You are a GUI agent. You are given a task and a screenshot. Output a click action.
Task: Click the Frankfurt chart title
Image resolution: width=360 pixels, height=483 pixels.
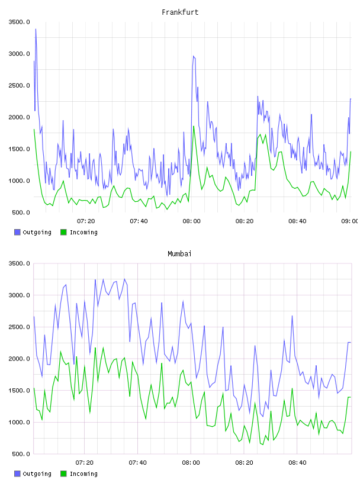point(180,12)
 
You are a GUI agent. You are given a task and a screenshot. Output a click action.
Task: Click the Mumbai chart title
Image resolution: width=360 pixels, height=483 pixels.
point(179,254)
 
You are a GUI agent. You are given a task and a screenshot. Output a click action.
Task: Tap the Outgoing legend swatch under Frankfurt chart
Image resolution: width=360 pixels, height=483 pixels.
point(17,232)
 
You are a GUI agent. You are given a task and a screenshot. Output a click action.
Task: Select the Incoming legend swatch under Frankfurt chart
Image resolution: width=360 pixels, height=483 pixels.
point(63,232)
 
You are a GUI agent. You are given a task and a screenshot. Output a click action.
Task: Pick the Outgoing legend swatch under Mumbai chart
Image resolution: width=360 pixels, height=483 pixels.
point(17,474)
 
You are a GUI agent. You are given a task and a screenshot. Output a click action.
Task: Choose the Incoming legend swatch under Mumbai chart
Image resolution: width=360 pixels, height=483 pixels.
point(63,474)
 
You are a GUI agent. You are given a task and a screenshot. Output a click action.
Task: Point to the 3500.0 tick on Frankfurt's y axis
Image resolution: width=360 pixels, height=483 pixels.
point(19,22)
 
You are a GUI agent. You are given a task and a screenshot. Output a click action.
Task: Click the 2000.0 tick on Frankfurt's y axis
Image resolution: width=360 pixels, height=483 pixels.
point(19,117)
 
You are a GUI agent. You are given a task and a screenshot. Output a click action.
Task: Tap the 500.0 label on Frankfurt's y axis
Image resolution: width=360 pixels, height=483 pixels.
point(21,212)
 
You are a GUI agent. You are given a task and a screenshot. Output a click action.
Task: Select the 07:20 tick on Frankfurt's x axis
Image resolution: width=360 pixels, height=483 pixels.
point(86,221)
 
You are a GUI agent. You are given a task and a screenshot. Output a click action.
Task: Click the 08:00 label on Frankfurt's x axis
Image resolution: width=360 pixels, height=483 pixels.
point(191,221)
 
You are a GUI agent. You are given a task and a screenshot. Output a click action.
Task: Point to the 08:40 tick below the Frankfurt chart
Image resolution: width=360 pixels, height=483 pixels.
point(297,221)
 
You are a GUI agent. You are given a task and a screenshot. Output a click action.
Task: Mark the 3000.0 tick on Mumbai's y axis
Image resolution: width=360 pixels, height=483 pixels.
point(19,295)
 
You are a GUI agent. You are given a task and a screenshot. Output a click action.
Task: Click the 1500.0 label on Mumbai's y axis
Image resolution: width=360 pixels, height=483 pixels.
point(19,391)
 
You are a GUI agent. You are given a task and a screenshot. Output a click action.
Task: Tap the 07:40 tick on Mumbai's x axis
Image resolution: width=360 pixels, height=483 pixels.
point(138,463)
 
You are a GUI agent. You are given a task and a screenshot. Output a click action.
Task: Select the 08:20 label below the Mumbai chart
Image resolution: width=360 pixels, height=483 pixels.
point(245,463)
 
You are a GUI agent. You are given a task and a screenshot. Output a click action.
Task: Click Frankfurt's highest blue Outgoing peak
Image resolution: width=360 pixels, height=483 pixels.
point(36,29)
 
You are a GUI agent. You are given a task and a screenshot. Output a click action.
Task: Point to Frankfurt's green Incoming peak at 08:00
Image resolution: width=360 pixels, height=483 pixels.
point(194,126)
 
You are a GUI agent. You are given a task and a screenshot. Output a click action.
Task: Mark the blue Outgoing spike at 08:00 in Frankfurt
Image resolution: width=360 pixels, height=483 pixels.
point(194,56)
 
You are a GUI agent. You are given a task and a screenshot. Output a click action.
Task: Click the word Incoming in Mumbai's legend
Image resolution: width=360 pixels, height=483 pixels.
point(83,474)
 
